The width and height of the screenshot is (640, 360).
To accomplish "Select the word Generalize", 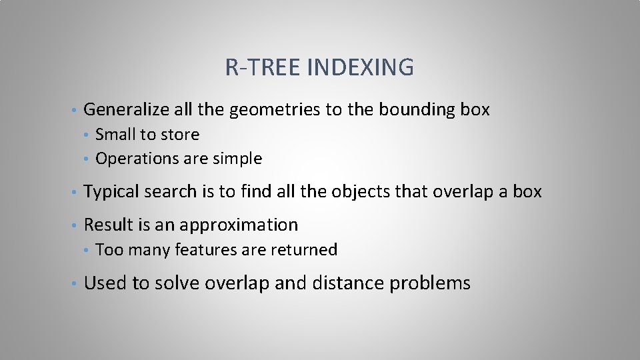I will (x=127, y=109).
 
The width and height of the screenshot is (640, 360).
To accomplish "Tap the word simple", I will (x=237, y=159).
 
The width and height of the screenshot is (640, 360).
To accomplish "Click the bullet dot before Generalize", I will (x=77, y=110).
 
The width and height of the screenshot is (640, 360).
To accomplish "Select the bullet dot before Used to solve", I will (x=77, y=284).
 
